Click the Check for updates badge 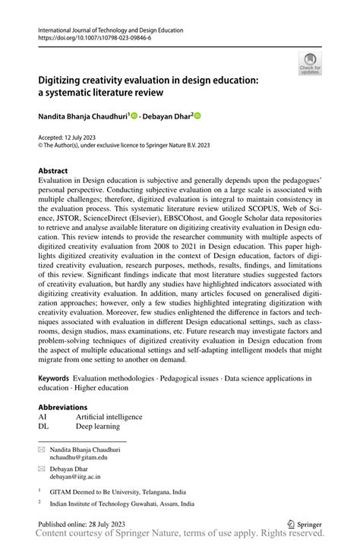click(x=311, y=64)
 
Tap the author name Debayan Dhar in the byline click(x=169, y=116)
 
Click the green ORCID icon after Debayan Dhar click(x=197, y=116)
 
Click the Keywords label click(x=55, y=377)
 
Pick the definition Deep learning click(x=98, y=426)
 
